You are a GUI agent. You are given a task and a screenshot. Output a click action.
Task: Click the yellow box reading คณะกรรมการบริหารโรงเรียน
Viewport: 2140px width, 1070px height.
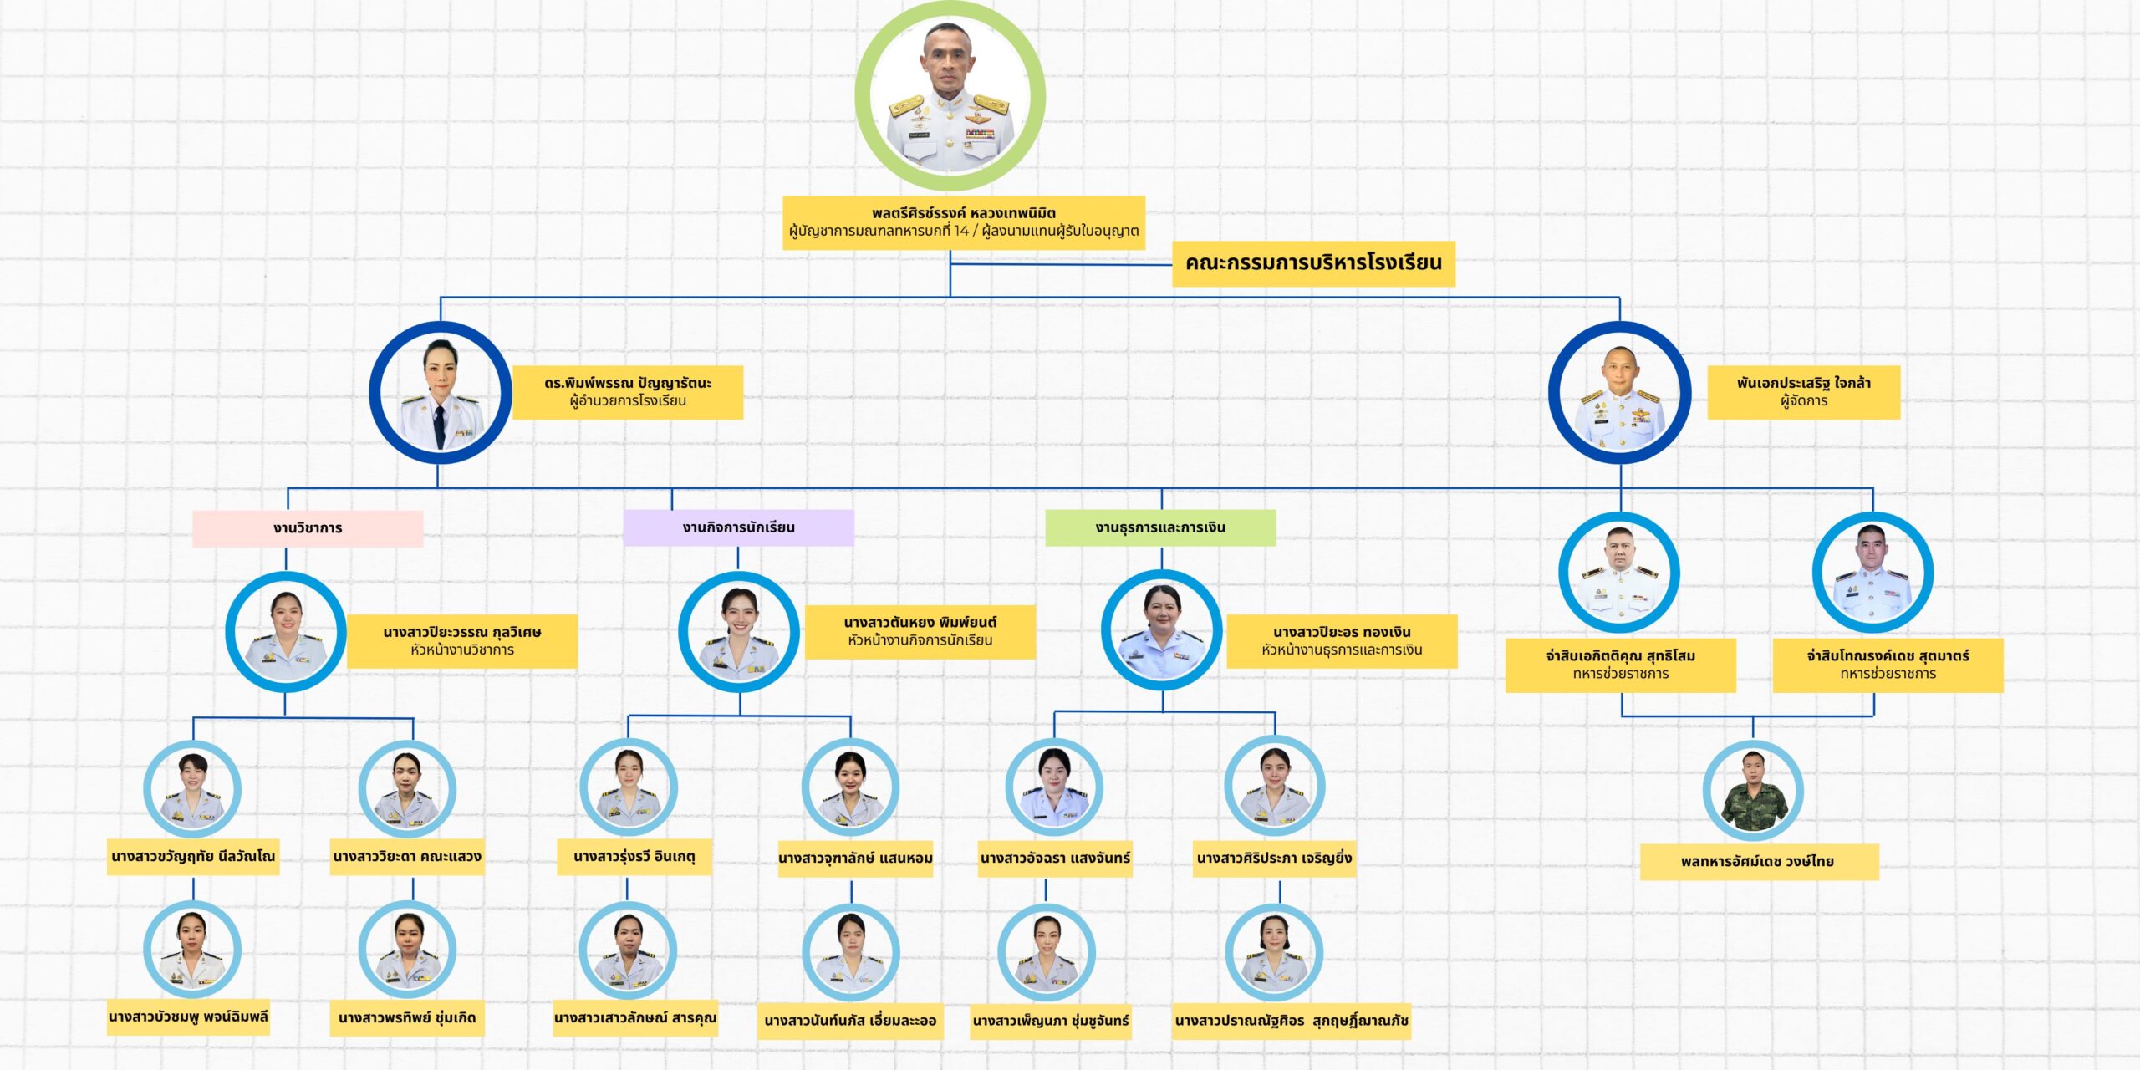[1313, 263]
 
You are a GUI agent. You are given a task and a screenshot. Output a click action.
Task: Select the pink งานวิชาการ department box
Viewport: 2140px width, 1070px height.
[308, 528]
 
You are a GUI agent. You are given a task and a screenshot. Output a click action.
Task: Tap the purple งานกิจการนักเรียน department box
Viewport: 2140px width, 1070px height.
[738, 527]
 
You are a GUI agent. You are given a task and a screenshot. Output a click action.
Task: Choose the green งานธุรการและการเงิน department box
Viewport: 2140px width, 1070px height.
[1160, 527]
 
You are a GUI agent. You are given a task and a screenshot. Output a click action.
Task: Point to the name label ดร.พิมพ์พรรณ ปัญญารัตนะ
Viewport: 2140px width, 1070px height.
[628, 392]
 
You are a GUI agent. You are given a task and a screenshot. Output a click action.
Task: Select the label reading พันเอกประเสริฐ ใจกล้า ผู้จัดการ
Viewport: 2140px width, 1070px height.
[1803, 392]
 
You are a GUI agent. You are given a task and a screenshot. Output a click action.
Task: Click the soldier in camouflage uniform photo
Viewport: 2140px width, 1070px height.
[1753, 791]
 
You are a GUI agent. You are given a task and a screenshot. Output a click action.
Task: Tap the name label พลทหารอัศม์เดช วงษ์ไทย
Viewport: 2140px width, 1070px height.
[1759, 862]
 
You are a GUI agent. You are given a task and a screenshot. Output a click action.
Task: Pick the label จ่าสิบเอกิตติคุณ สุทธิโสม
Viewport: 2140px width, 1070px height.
[1620, 665]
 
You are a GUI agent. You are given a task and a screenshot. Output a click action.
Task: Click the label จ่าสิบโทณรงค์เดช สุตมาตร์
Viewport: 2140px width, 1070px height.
[1888, 665]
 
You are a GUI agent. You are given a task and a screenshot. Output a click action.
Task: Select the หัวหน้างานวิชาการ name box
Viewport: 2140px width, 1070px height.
[462, 641]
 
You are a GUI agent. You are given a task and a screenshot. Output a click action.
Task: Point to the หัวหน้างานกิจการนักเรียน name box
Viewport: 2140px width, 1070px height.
[920, 632]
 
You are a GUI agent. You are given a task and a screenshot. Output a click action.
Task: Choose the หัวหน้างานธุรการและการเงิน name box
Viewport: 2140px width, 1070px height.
[1342, 641]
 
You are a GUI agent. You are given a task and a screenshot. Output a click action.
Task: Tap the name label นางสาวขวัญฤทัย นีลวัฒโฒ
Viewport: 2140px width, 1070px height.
[193, 857]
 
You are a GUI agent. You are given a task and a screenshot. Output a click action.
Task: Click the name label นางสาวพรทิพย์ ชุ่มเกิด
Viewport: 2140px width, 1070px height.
[407, 1018]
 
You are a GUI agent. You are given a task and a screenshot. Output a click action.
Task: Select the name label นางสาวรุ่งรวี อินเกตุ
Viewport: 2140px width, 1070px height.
[634, 857]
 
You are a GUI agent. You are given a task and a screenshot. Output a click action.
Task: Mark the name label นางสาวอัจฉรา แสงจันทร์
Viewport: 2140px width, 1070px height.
[1055, 859]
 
